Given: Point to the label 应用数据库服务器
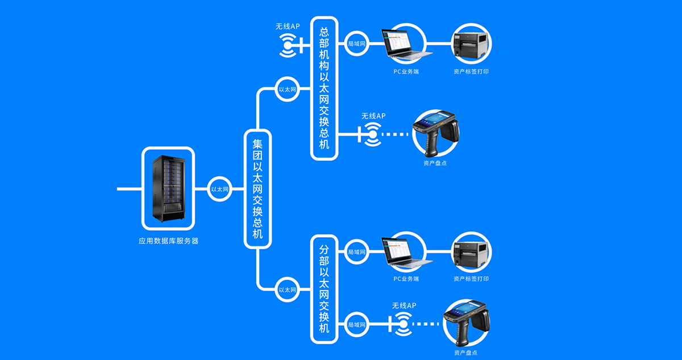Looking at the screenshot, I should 168,241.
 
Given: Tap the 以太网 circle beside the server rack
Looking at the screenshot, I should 219,189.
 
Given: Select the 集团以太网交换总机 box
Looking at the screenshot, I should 257,189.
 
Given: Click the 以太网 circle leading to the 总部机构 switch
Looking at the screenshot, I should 287,89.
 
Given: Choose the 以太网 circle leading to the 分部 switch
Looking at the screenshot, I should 287,289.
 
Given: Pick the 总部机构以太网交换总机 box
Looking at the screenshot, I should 325,88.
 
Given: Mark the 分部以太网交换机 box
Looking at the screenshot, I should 325,288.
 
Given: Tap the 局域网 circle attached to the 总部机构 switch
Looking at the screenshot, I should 356,43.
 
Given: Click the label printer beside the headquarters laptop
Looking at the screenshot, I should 471,43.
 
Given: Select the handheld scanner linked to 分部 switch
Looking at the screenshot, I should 467,324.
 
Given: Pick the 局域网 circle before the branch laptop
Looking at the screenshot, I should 356,251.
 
